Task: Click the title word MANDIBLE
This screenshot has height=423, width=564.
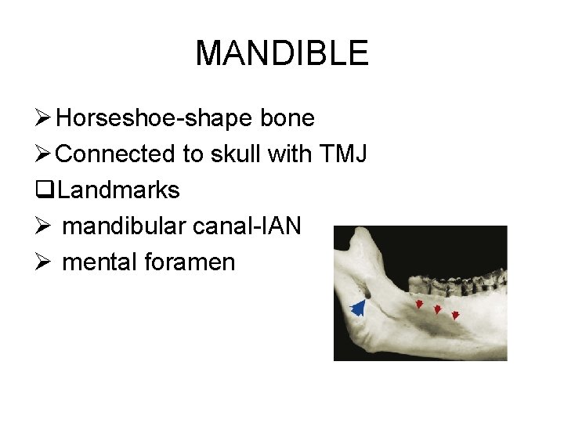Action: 281,53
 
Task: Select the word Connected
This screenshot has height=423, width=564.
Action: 116,154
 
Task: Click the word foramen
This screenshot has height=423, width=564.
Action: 189,262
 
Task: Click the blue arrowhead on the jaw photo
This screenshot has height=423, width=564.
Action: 359,307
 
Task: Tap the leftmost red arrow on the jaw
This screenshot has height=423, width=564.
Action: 419,304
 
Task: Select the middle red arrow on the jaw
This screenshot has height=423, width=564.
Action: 438,310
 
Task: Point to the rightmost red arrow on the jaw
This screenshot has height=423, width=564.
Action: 455,316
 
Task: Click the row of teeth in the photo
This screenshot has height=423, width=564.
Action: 458,278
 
